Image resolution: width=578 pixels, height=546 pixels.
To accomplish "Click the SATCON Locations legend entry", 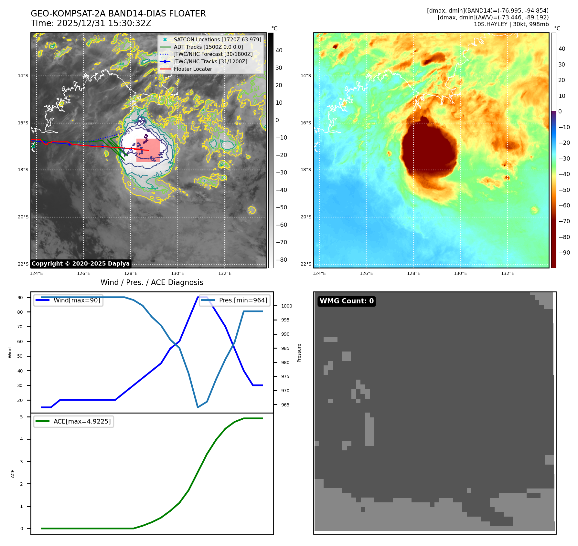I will click(x=217, y=39).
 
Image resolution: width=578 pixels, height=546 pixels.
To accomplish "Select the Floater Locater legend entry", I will click(x=193, y=69).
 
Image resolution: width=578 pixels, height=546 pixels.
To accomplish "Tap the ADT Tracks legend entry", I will click(x=208, y=47).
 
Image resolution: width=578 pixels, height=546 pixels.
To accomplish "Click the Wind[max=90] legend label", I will click(x=77, y=300).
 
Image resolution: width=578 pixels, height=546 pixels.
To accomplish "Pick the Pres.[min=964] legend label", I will click(x=243, y=300).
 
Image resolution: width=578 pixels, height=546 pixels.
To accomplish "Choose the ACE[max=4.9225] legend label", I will click(x=82, y=421).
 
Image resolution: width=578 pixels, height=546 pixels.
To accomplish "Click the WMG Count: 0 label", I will click(x=347, y=301).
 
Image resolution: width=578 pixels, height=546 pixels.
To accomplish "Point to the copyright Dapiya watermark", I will click(x=80, y=264).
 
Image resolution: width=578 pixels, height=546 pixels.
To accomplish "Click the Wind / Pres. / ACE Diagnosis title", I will click(x=152, y=282).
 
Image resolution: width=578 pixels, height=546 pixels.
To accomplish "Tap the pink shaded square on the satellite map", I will click(x=148, y=150).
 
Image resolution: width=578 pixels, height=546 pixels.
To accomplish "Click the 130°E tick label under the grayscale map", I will click(x=177, y=273).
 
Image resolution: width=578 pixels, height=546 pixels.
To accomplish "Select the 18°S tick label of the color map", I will click(x=306, y=170).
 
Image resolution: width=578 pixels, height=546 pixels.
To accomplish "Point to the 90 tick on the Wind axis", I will click(x=20, y=298).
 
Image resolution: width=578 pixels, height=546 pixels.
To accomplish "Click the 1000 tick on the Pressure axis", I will click(x=286, y=306).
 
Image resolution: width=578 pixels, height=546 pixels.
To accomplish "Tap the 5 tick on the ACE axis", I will click(x=22, y=417).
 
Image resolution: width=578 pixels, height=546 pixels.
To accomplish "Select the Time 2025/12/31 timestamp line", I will click(x=91, y=23).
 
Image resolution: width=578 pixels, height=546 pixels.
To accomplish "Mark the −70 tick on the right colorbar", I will click(x=564, y=221).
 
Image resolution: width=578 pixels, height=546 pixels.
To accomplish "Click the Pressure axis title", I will click(x=299, y=353).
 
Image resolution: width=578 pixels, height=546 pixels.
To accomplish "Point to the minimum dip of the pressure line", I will click(x=198, y=407).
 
